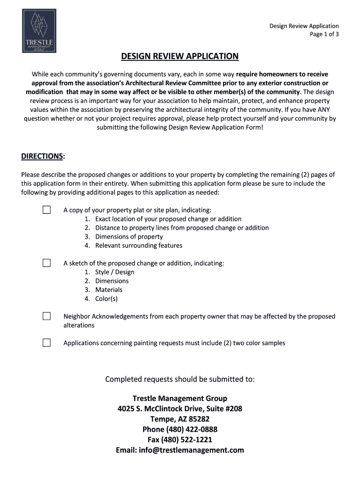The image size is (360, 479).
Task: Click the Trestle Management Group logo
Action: point(39,31)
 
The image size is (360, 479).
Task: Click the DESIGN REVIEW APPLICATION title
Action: point(180,57)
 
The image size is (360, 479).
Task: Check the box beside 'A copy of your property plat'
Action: point(47,210)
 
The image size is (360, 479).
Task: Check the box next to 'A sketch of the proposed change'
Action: point(47,263)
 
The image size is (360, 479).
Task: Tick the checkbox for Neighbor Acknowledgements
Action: point(47,316)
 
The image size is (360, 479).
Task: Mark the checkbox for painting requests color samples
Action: point(47,343)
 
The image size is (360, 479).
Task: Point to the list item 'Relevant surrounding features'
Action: point(138,246)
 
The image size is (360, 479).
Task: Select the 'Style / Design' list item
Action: point(115,272)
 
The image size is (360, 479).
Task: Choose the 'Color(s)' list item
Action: point(106,299)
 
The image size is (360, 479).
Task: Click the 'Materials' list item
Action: point(108,290)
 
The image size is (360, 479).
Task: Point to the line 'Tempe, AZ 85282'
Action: point(180,419)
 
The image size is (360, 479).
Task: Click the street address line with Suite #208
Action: point(180,409)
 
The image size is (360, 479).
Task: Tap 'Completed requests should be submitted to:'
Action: point(180,379)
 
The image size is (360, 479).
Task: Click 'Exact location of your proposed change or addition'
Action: point(168,219)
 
